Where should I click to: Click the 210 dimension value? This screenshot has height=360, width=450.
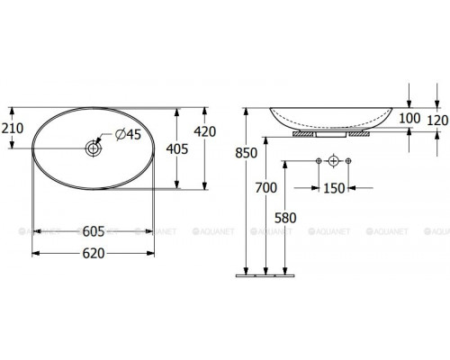[x=13, y=129]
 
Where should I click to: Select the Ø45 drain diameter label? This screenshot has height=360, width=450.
[x=128, y=135]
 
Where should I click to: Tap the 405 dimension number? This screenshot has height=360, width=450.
[x=177, y=148]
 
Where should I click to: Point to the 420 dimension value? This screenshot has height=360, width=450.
[x=205, y=131]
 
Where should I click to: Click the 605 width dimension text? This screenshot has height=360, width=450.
[x=94, y=231]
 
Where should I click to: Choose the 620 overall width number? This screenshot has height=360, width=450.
[x=94, y=254]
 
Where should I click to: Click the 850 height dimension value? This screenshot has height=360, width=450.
[x=247, y=153]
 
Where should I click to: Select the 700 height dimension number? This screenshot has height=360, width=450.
[x=266, y=188]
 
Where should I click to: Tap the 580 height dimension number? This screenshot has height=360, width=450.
[x=285, y=218]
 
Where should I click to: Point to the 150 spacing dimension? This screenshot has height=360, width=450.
[x=334, y=188]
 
